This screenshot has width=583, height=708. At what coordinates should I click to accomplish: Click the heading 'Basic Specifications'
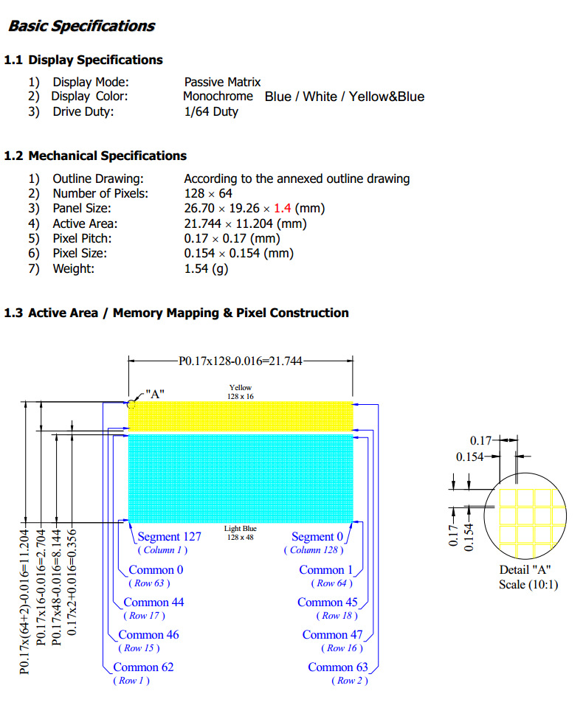(81, 27)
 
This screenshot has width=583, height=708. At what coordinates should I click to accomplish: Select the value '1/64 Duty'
(211, 112)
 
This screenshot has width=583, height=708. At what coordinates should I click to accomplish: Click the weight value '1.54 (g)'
(206, 268)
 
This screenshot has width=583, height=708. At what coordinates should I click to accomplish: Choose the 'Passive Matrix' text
(222, 83)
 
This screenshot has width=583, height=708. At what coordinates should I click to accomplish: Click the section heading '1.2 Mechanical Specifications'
(95, 156)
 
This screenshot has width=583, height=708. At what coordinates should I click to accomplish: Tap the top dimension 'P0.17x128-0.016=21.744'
(241, 360)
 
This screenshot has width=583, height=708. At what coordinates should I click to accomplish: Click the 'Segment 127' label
(170, 537)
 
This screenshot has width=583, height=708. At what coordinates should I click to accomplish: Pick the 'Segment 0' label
(317, 537)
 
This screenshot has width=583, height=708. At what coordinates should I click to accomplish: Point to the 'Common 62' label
(143, 667)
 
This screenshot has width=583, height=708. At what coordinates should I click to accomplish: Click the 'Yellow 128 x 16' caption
(241, 392)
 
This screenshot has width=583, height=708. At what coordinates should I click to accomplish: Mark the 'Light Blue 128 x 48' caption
(241, 532)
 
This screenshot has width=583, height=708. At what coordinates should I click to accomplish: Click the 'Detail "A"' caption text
(525, 570)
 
